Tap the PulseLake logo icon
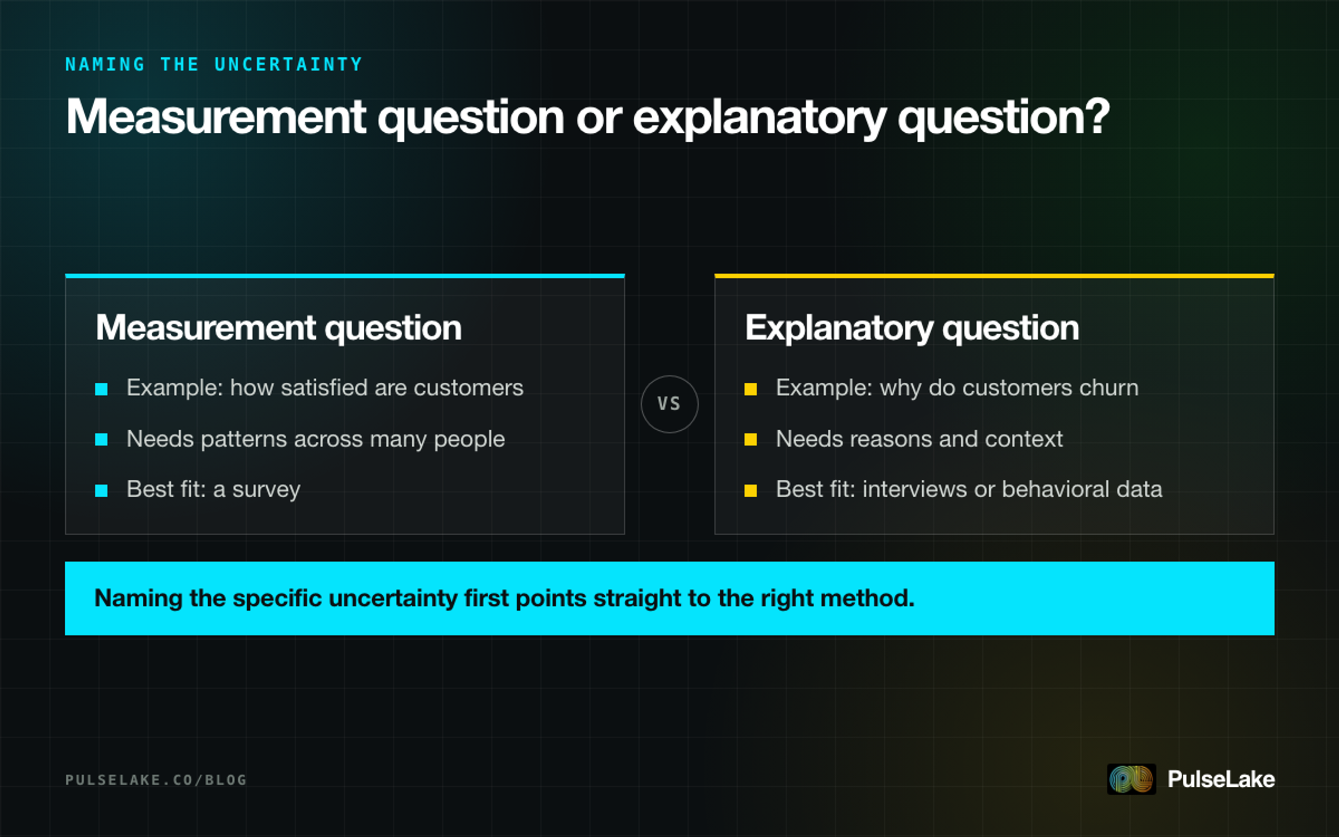1131,779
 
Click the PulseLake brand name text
1221,779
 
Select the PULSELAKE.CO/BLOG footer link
156,780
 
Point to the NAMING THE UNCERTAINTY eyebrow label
214,65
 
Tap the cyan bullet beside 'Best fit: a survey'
101,490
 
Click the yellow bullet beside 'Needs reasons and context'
750,440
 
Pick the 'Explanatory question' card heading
912,328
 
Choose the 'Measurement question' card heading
278,328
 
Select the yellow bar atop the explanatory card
994,276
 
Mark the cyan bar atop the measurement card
345,276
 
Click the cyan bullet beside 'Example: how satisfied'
101,389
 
